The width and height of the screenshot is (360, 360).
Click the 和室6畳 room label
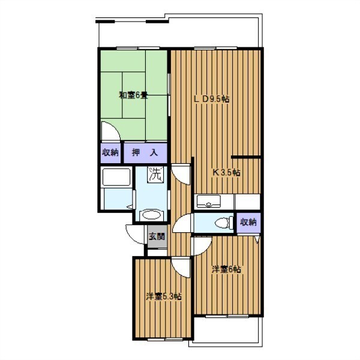tap(133, 95)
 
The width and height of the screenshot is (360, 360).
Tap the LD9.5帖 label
tap(212, 99)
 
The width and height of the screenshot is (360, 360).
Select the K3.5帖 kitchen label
tap(227, 172)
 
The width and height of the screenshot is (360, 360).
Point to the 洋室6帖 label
tap(226, 269)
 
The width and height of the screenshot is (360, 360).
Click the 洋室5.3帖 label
tap(164, 296)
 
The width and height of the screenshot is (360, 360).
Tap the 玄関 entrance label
tap(157, 236)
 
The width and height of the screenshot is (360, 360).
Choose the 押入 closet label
tap(145, 152)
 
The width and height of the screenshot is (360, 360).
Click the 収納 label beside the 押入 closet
tap(110, 152)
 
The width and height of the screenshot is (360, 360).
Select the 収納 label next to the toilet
tap(248, 222)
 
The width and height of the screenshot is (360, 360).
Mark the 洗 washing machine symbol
tap(155, 175)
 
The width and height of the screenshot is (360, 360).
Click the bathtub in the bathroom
tap(116, 177)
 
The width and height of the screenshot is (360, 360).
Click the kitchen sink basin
tap(209, 201)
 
